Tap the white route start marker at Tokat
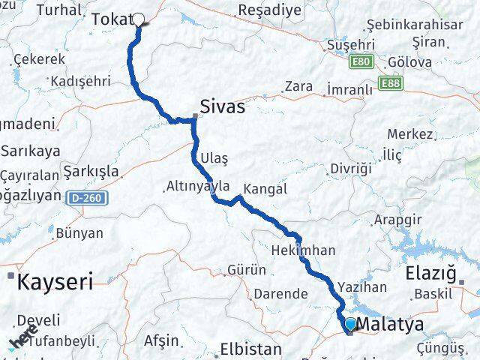(139, 19)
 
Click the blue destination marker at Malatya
(350, 324)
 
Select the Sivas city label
(222, 106)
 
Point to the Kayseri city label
(55, 282)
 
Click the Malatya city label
(391, 324)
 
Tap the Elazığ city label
(430, 273)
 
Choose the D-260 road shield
(91, 198)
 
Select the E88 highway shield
(390, 82)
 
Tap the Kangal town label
(265, 189)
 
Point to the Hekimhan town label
(303, 250)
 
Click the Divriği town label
(351, 168)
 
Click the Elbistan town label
(250, 349)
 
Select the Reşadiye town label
(269, 10)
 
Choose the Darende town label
(280, 293)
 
